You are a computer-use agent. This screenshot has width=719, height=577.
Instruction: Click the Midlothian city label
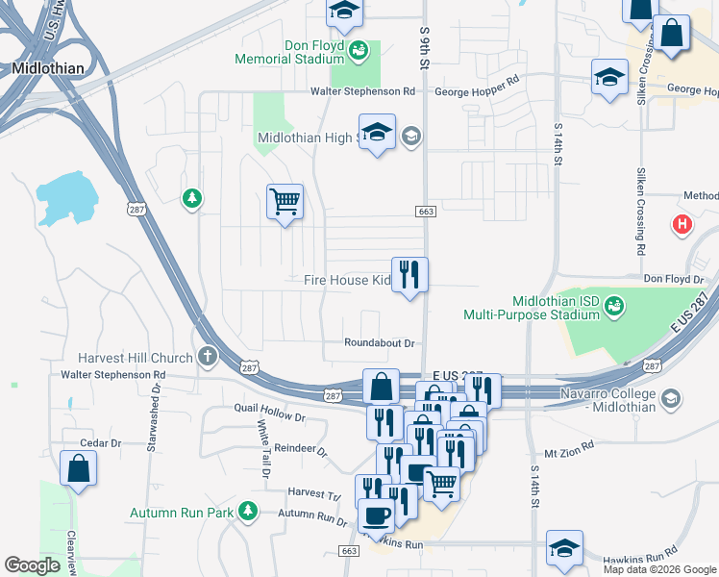pos(48,68)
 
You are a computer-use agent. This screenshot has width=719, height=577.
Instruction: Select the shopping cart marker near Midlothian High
pos(285,202)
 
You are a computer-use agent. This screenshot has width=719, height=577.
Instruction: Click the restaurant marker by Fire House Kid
pos(409,275)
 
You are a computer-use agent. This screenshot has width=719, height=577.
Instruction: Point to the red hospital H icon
pos(682,225)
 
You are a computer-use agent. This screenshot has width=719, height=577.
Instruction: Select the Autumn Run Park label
pos(183,513)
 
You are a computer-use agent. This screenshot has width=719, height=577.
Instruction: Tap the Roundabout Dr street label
pos(380,343)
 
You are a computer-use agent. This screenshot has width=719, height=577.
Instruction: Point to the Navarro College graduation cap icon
pos(671,397)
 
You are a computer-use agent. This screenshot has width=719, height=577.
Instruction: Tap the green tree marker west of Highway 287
pos(192,198)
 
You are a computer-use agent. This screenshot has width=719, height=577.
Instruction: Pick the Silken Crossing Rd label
pos(639,212)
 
